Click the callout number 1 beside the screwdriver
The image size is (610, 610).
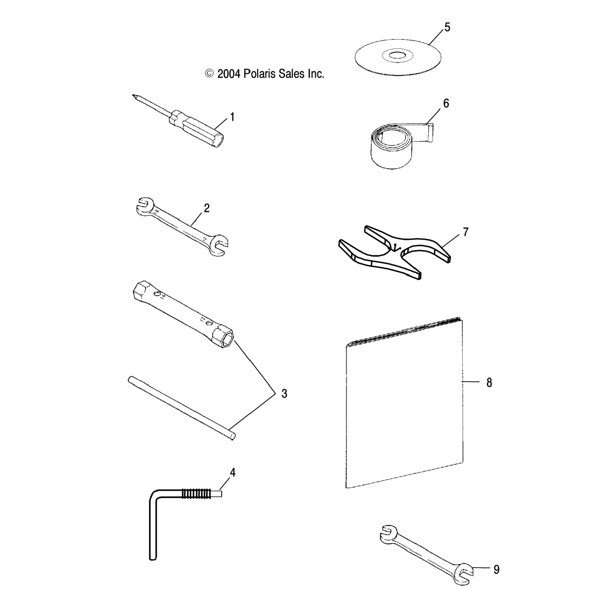click(x=232, y=118)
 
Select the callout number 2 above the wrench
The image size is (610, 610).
click(x=207, y=208)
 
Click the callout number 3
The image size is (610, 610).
click(x=284, y=394)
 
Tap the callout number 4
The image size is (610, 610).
click(x=233, y=473)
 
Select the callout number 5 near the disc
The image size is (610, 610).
click(x=447, y=28)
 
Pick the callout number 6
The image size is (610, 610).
click(x=446, y=104)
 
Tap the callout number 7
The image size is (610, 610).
click(x=466, y=232)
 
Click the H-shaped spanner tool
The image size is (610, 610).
click(x=394, y=252)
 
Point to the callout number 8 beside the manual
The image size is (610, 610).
click(x=489, y=382)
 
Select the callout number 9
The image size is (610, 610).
click(x=496, y=570)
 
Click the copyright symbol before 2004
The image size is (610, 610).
click(x=209, y=74)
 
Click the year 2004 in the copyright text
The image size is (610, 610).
click(x=229, y=74)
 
